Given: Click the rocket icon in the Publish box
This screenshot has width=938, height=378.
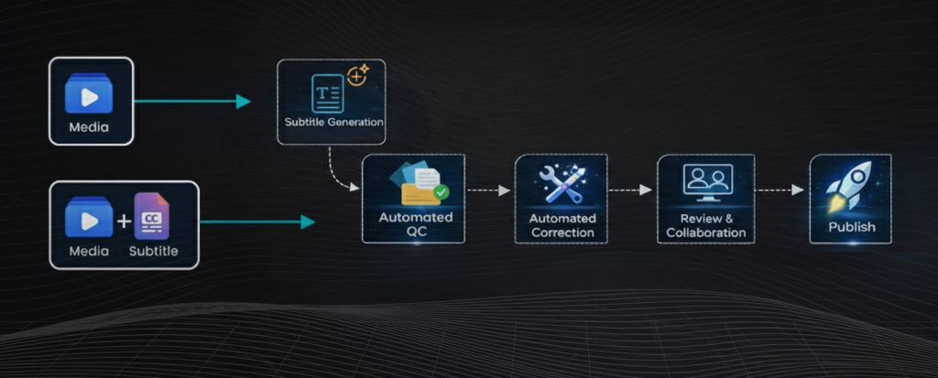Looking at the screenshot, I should coord(849,187).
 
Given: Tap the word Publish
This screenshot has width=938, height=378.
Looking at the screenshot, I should coord(852,227).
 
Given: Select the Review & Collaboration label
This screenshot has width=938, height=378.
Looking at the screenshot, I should coord(705,226).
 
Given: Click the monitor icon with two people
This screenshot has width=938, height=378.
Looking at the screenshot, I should coord(707,181).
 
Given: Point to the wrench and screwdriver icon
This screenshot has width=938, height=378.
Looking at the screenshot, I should coord(562,184).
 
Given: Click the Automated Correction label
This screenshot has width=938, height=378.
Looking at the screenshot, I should coord(562,226).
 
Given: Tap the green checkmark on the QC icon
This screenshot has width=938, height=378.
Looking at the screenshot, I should coord(442,192).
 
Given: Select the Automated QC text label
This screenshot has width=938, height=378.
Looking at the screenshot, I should coord(415,225).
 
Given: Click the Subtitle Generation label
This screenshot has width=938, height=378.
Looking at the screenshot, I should coord(331,122).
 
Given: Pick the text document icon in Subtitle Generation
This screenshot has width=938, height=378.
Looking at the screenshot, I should coord(327,93).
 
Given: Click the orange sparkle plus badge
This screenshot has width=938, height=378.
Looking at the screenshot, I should coord(357,76).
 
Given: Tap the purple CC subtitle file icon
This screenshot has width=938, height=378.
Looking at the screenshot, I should coord(151,216).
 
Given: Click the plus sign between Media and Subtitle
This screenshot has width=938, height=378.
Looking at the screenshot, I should coord(124,221).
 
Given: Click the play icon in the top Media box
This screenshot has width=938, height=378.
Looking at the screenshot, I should coord(89,95).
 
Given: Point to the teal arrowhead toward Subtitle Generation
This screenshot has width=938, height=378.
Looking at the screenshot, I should coord(243,101).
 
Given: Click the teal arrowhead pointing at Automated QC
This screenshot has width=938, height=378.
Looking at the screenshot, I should coord(308,221).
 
